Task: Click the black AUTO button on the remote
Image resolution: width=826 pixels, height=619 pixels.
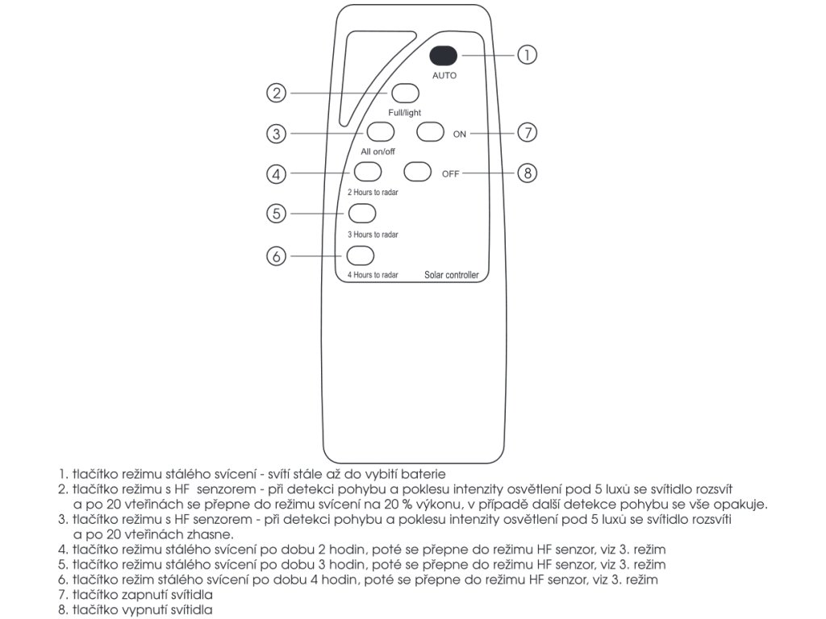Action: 443,56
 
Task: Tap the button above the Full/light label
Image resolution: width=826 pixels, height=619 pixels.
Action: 405,93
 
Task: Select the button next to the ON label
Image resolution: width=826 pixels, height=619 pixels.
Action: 431,131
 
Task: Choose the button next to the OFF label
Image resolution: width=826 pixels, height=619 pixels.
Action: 418,172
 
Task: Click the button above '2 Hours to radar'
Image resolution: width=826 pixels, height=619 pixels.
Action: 368,172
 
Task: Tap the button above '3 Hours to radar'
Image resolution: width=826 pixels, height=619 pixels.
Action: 362,213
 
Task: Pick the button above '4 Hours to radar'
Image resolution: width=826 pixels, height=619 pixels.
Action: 361,255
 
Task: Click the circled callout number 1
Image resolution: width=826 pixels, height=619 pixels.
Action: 527,55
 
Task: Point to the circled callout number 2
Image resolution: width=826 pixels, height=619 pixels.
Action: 277,93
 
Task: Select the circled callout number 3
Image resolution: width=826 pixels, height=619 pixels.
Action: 277,133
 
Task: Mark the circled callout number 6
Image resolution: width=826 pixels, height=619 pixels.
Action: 277,256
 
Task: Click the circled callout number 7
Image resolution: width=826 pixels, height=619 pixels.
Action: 527,132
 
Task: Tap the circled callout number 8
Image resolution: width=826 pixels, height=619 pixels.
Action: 527,172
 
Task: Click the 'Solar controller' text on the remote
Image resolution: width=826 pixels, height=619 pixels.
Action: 452,275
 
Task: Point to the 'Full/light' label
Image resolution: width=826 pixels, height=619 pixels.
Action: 405,113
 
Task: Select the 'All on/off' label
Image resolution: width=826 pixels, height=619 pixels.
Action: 378,152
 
